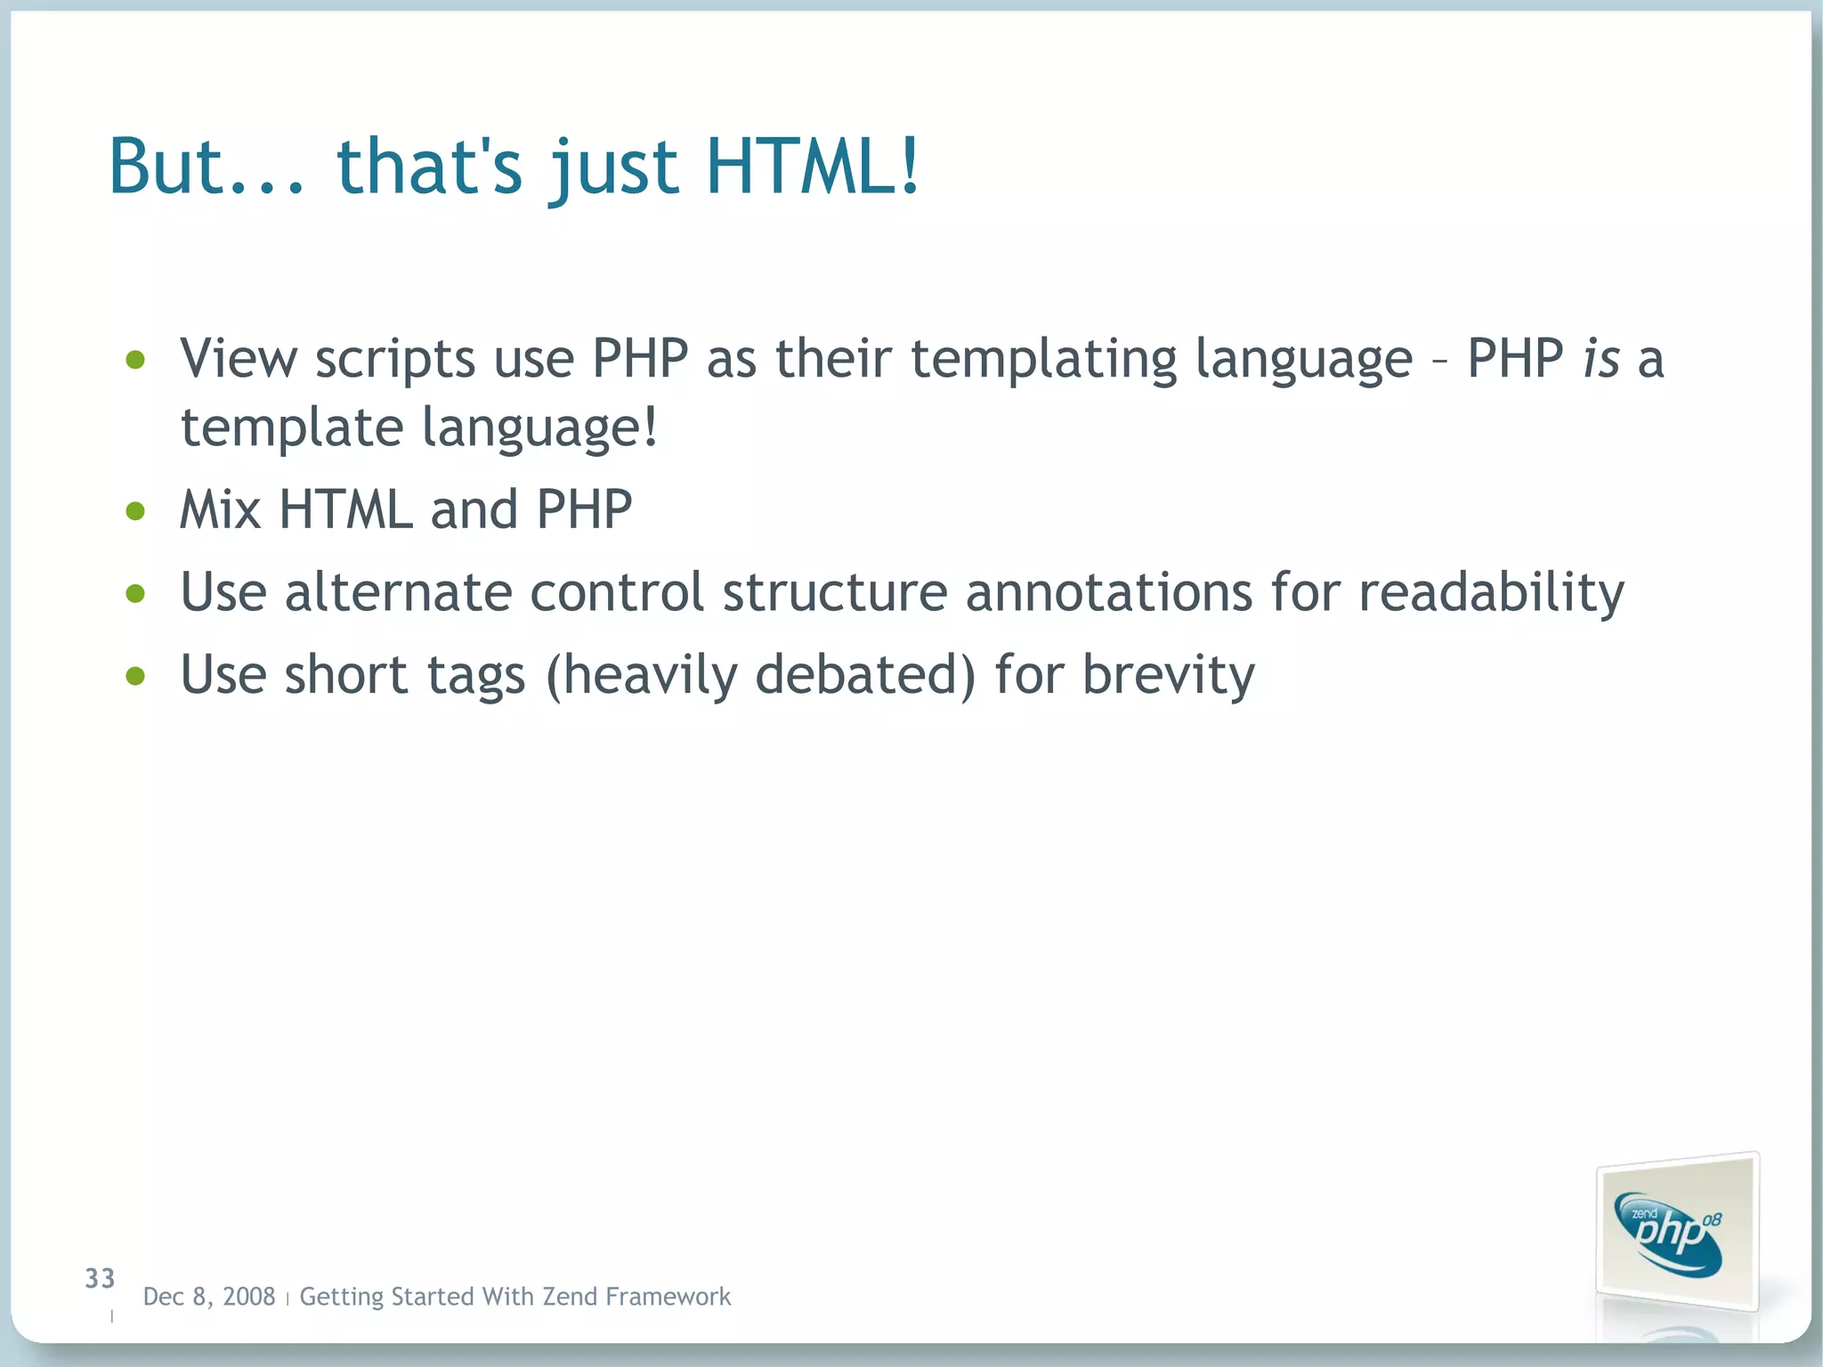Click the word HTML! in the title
click(x=812, y=167)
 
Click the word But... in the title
click(x=207, y=167)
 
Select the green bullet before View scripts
click(x=135, y=360)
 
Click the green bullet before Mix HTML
click(x=135, y=511)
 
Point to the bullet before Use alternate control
click(x=135, y=593)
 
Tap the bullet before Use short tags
click(x=135, y=676)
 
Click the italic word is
click(x=1600, y=359)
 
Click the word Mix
click(x=220, y=510)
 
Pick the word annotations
click(x=1109, y=592)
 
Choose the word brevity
click(x=1168, y=675)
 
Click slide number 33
click(x=100, y=1279)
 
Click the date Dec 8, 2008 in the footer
click(x=209, y=1297)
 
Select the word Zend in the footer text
click(x=571, y=1297)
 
